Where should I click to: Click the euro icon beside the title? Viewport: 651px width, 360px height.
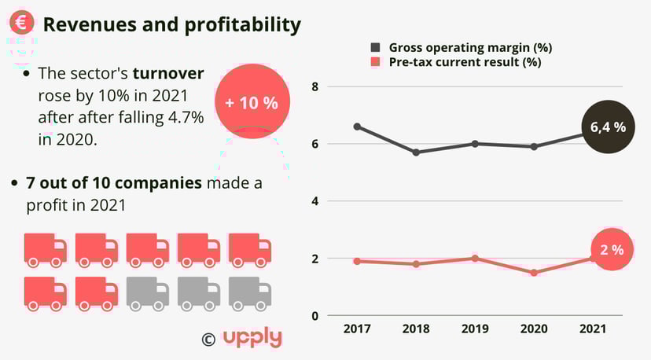[x=22, y=23]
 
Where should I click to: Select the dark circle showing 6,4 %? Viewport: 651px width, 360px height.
[x=608, y=127]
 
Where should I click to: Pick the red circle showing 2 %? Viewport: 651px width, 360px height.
[x=612, y=250]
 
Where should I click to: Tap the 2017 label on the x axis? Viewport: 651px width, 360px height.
[x=358, y=328]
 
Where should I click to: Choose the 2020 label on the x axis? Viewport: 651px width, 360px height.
[x=534, y=328]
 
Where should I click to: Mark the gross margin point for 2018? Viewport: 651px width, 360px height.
[x=416, y=152]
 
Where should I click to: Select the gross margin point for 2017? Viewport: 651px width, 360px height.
[x=358, y=126]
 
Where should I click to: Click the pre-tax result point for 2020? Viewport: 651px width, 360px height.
[x=534, y=273]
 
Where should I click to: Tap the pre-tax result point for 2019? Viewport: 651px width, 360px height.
[x=475, y=259]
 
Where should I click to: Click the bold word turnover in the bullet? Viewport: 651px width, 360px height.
[x=168, y=74]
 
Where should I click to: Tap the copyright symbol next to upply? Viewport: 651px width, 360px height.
[x=208, y=339]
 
